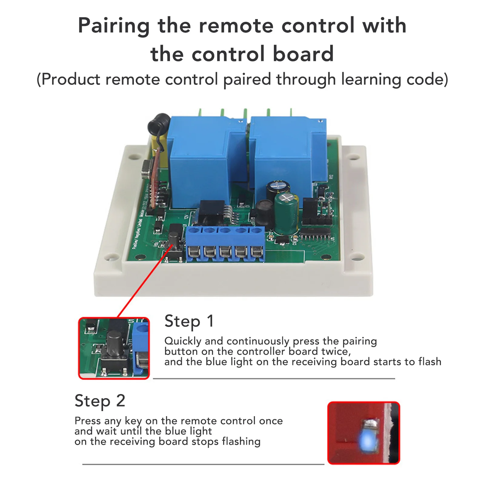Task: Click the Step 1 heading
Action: pos(189,321)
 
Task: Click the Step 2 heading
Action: pos(100,401)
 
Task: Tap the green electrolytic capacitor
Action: pos(286,214)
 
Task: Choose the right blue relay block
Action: pos(288,158)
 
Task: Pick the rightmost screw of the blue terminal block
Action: pos(257,252)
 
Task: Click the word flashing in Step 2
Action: pos(241,442)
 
